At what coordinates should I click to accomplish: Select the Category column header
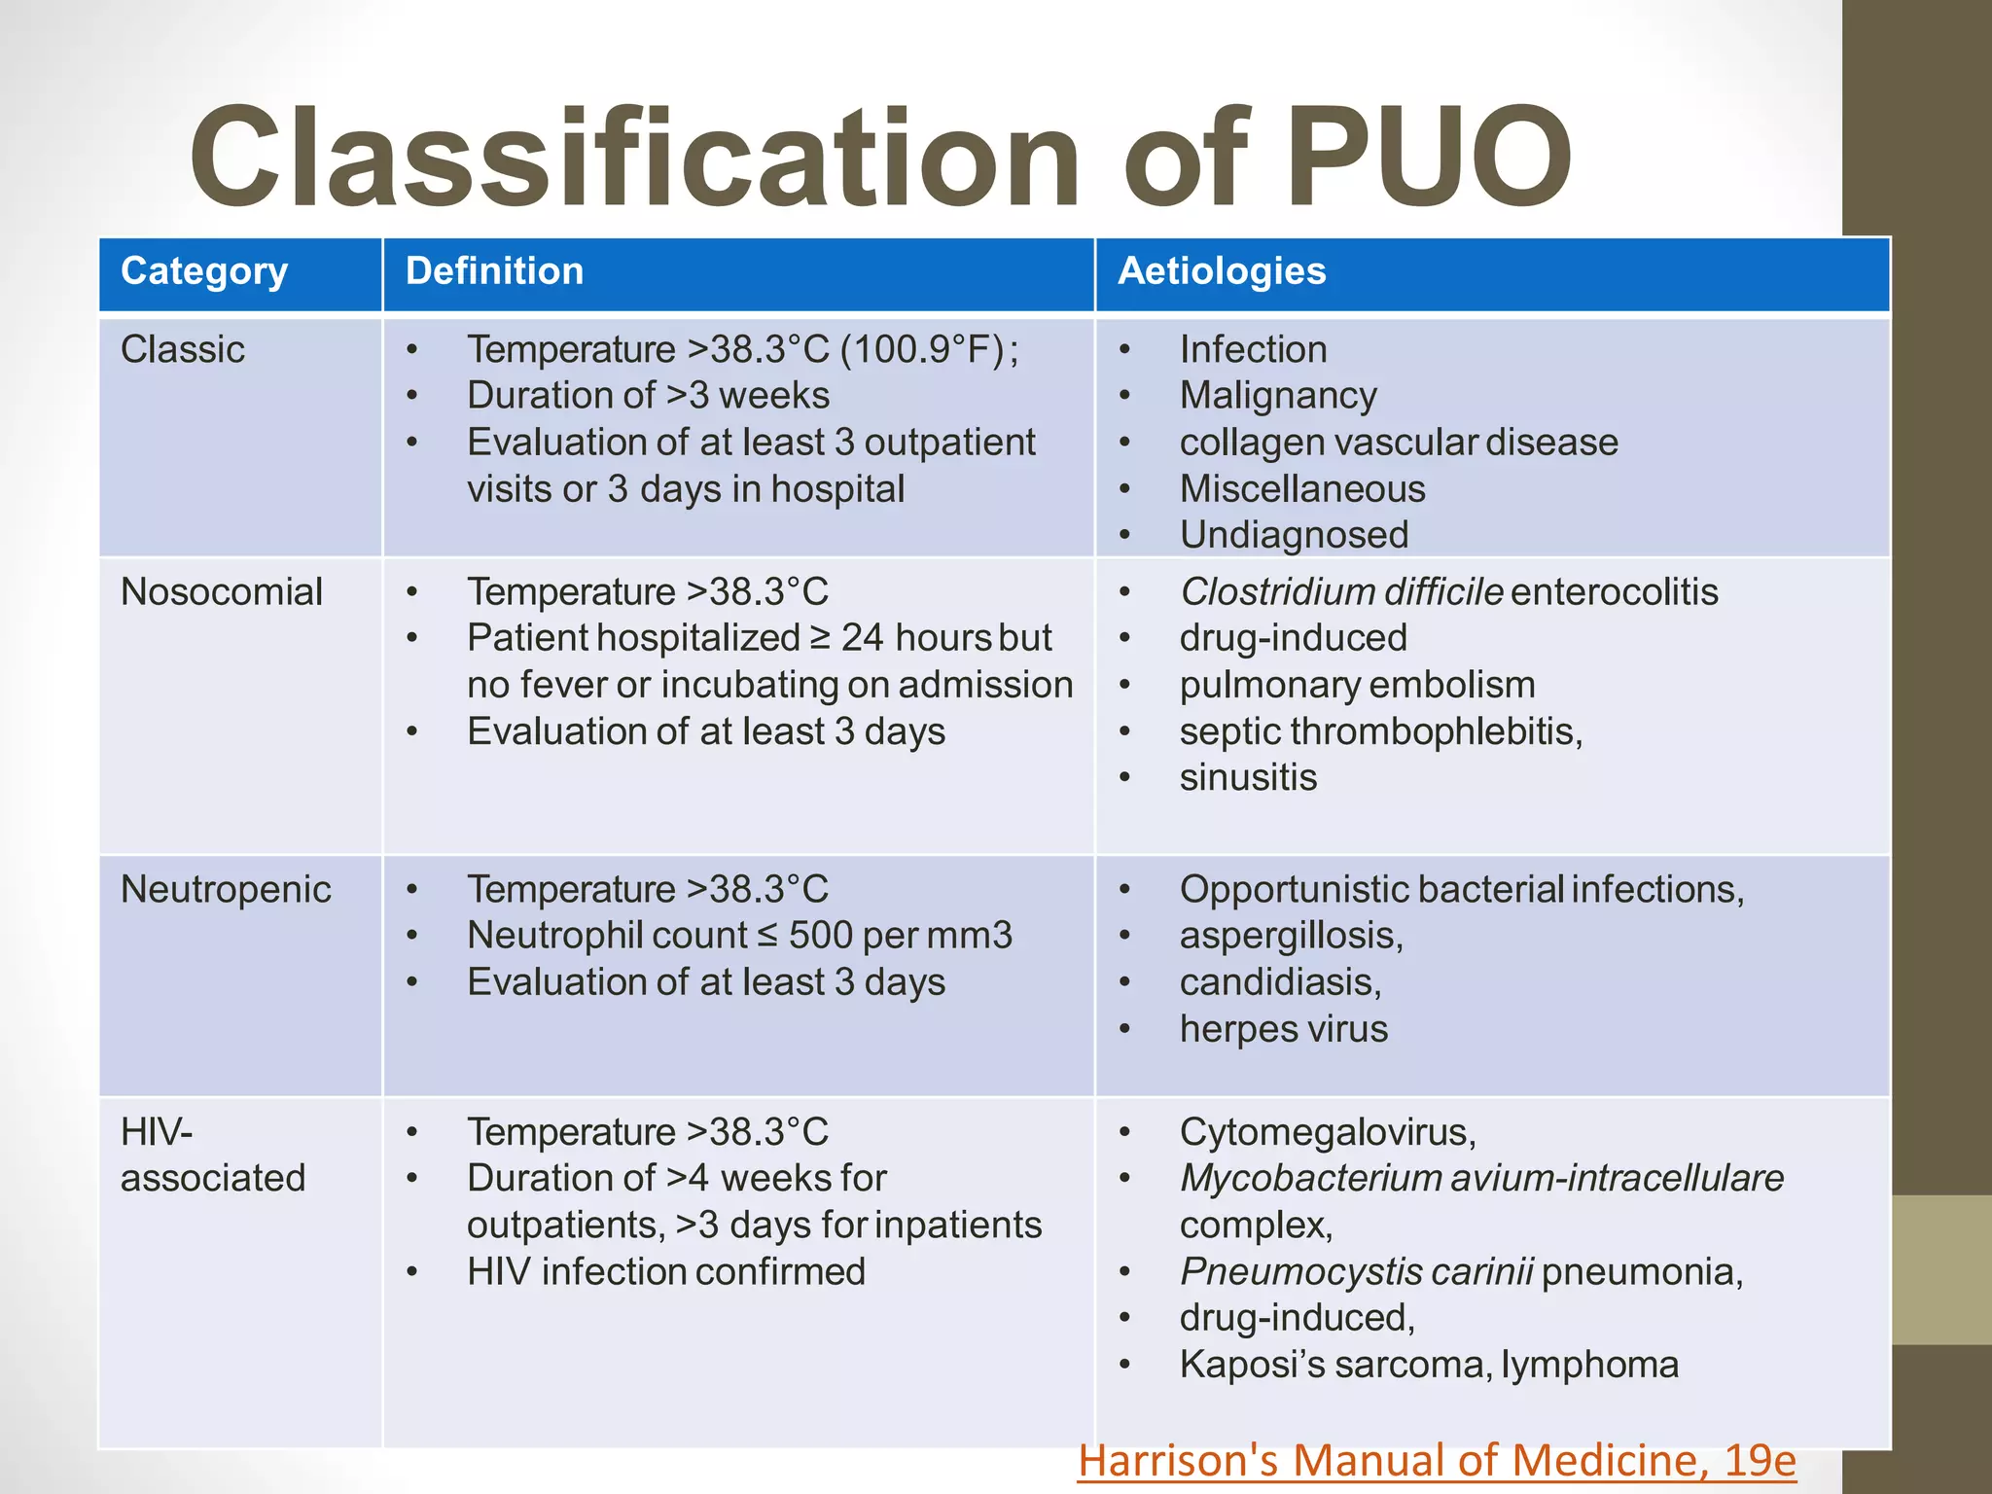204,271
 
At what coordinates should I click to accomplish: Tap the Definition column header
494,271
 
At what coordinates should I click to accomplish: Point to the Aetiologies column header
1222,271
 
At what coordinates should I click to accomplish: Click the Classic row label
183,349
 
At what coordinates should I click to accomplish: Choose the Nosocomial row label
222,591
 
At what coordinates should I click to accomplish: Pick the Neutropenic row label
226,889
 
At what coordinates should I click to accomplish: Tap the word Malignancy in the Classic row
1278,396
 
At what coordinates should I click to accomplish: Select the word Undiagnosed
1294,535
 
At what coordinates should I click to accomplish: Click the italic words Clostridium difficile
1341,591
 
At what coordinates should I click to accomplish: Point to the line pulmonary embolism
1357,685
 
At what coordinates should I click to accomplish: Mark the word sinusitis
1248,778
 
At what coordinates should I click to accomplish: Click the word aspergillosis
1291,936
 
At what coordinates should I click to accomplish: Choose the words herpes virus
1284,1029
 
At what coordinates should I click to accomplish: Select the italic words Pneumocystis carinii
1357,1271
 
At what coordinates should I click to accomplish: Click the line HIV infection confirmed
666,1271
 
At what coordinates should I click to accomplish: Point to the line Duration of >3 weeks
649,396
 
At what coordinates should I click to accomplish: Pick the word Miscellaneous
1302,489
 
